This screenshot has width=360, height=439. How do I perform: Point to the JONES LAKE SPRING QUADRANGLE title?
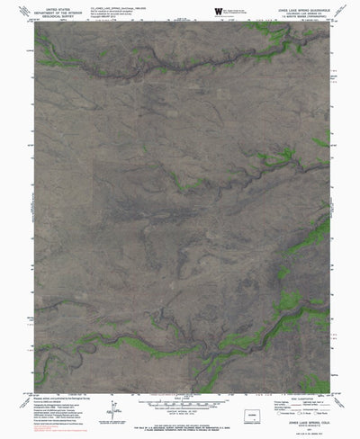click(x=298, y=7)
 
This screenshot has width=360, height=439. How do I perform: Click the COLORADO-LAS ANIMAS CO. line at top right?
click(x=298, y=11)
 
